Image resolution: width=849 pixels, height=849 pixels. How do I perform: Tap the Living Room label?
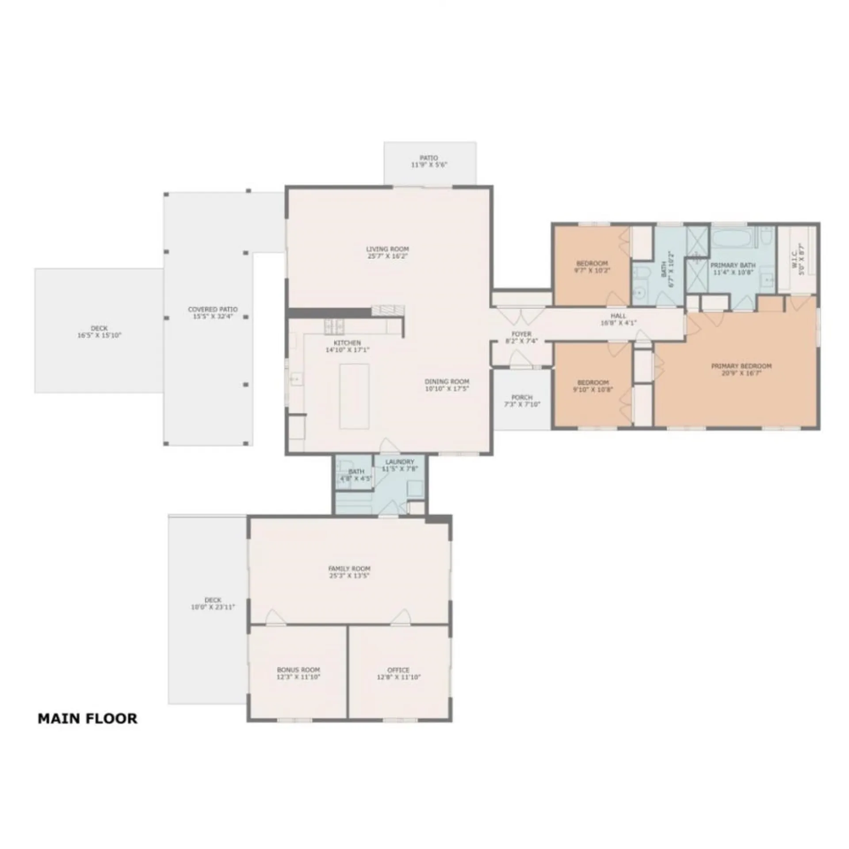pos(387,249)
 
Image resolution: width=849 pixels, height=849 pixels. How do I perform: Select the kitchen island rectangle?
pos(354,396)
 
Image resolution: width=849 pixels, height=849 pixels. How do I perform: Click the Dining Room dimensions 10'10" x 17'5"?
pos(447,389)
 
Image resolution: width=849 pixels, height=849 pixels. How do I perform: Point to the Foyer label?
pos(521,334)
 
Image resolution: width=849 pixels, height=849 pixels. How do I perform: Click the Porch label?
pos(522,397)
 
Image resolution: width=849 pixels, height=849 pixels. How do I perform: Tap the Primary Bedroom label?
pos(741,366)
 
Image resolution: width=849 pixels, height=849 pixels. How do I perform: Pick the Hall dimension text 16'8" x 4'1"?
pos(618,323)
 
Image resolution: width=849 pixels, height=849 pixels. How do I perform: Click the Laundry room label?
pos(399,462)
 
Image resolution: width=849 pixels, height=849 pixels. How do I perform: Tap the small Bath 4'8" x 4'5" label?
pos(356,472)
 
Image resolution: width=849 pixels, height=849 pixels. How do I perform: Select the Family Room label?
pos(349,569)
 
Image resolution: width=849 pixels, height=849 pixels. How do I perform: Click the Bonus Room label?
pos(298,670)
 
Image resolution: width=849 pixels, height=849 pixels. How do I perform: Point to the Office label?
pos(398,670)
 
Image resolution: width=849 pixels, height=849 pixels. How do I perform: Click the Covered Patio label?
pos(213,310)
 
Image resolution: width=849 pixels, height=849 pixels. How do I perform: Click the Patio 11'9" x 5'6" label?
pos(429,158)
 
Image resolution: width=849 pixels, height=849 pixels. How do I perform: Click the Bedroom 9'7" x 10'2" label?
pos(592,264)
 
